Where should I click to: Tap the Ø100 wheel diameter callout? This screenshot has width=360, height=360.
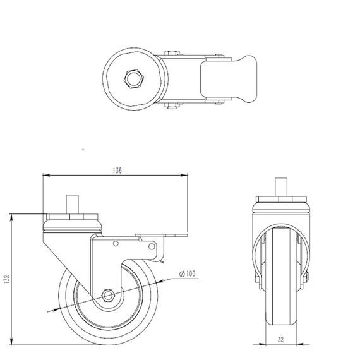point(188,273)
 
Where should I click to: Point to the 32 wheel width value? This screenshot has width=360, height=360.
point(280,338)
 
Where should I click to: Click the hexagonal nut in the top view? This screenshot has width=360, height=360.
point(133,79)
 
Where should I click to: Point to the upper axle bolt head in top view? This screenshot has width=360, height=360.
point(171,53)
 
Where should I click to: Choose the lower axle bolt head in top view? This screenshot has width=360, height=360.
point(171,105)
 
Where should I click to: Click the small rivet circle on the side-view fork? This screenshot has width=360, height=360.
point(116,244)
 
